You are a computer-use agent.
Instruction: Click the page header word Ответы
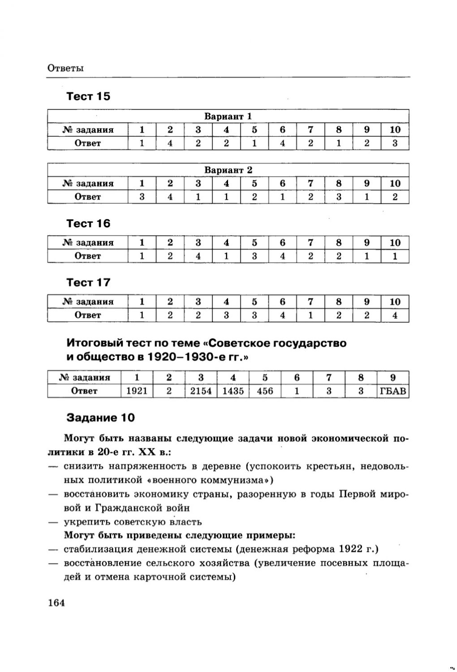[x=65, y=68]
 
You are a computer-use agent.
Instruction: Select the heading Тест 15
[x=88, y=96]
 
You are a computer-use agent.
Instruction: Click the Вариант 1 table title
[x=228, y=116]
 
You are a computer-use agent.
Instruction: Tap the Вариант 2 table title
[x=228, y=170]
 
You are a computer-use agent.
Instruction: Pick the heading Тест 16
[x=88, y=223]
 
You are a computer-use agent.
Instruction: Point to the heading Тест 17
[x=88, y=282]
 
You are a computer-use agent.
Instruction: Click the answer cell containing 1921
[x=137, y=391]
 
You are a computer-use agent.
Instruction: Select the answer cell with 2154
[x=201, y=391]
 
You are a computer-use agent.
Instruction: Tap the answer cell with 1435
[x=233, y=391]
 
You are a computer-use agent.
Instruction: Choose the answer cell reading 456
[x=265, y=391]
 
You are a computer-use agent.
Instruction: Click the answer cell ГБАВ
[x=393, y=391]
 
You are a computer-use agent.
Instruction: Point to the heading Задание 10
[x=100, y=418]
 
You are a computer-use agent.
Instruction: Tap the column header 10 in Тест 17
[x=395, y=302]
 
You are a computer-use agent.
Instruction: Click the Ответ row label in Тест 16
[x=88, y=256]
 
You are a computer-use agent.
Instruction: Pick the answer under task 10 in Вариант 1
[x=395, y=143]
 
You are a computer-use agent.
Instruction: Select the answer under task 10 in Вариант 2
[x=395, y=197]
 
